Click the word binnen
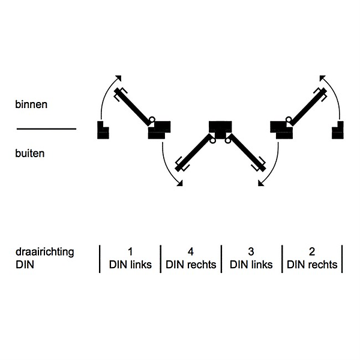pyautogui.click(x=31, y=104)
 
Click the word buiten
pyautogui.click(x=30, y=153)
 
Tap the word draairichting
pyautogui.click(x=45, y=252)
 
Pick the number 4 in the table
pyautogui.click(x=191, y=251)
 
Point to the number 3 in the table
pyautogui.click(x=251, y=251)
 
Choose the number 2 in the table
pyautogui.click(x=312, y=251)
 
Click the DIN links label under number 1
pyautogui.click(x=130, y=265)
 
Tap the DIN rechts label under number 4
pyautogui.click(x=191, y=265)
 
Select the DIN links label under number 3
pyautogui.click(x=251, y=265)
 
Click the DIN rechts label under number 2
pyautogui.click(x=312, y=265)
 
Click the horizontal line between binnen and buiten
pyautogui.click(x=46, y=128)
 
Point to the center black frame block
pyautogui.click(x=220, y=128)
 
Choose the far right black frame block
pyautogui.click(x=338, y=130)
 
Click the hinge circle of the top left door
pyautogui.click(x=153, y=119)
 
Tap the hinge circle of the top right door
pyautogui.click(x=288, y=119)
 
